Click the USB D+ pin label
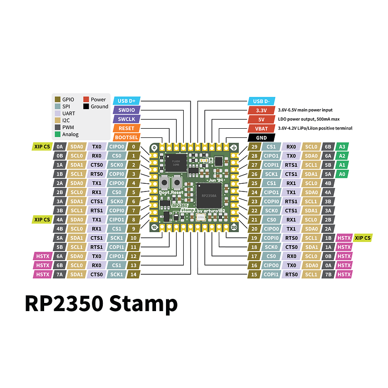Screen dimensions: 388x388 (x=126, y=101)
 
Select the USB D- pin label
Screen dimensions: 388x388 (x=261, y=101)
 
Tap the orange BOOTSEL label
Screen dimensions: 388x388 (x=126, y=137)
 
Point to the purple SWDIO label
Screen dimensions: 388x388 (x=126, y=110)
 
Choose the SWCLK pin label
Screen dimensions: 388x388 (x=126, y=119)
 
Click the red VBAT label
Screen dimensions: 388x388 (x=261, y=128)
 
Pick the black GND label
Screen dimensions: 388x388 (x=261, y=137)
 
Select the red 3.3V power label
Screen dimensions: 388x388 (x=261, y=110)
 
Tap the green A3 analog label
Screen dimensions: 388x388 (x=343, y=146)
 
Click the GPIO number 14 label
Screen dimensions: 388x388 (x=133, y=274)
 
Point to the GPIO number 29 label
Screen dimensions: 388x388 (x=255, y=146)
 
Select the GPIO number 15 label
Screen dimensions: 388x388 (x=255, y=274)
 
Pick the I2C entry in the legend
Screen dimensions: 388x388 (x=64, y=120)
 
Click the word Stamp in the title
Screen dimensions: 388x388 (x=143, y=303)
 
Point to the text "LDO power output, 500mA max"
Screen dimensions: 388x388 (x=309, y=119)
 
